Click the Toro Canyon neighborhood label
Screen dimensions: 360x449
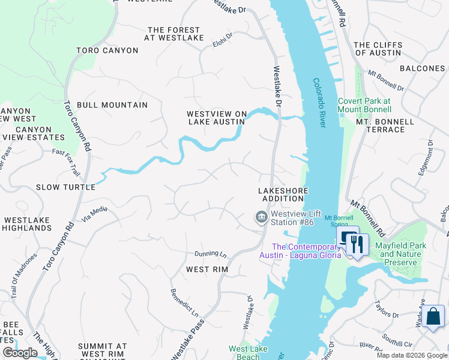pos(107,50)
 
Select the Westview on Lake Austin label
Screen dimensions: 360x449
pos(216,118)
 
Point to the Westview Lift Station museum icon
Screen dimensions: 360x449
pos(261,217)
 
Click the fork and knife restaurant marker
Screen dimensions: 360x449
pos(357,244)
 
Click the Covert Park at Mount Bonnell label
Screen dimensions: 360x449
pos(364,106)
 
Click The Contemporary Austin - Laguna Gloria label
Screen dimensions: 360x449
pos(300,251)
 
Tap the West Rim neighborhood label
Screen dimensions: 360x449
pos(207,269)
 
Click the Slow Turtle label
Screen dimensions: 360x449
pos(65,187)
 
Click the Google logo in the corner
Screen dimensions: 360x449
pos(20,353)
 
